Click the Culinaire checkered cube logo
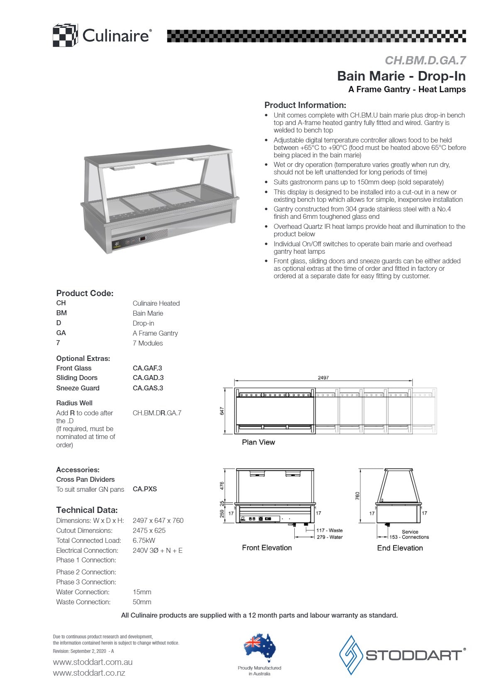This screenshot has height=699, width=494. coord(65,35)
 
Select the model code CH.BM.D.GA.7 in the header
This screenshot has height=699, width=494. coord(425,61)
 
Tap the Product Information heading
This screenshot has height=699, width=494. coord(305,105)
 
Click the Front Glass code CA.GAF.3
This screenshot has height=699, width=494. coord(147,368)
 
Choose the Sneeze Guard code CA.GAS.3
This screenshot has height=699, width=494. coord(148,388)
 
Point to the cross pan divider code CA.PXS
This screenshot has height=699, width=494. coord(145,489)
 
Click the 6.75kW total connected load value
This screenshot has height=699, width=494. coord(144,540)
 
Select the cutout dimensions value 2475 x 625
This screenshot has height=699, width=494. coord(149,530)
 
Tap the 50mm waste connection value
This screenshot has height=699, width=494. coord(142,602)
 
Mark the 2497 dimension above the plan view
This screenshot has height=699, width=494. coord(323,378)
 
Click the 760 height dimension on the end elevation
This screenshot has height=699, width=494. coord(357,495)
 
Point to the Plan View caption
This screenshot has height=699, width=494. coord(258,442)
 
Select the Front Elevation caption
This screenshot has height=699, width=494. coord(267,548)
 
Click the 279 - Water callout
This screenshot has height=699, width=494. coord(330,537)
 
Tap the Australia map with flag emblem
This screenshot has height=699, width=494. coord(260,647)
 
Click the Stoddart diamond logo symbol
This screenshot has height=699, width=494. coord(351,655)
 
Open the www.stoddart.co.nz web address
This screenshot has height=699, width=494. coord(89,673)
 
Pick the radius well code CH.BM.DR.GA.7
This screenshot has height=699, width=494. coord(157,413)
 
